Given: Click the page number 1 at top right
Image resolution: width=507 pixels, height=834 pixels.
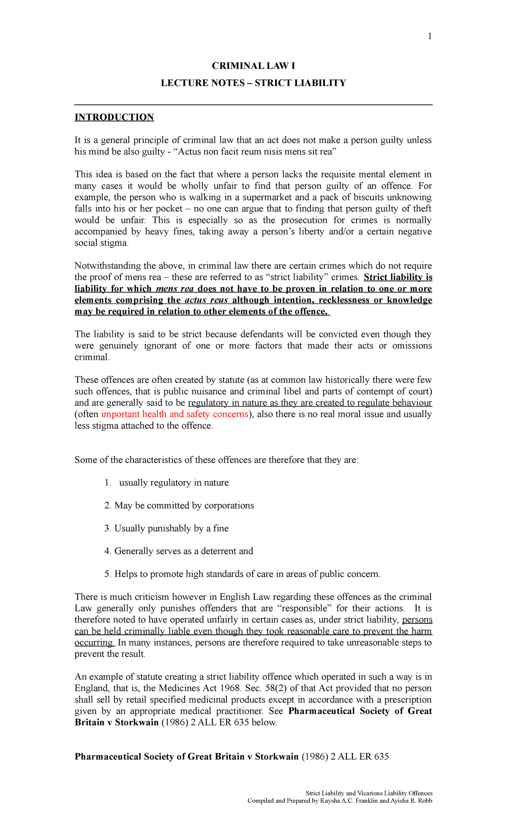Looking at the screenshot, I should click(430, 37).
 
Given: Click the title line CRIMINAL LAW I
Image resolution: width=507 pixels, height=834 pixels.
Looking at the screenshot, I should click(253, 66).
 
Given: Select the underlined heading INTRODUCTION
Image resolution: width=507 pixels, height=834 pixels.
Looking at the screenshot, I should click(114, 117).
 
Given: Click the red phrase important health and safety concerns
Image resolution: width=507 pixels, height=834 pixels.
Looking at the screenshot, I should click(174, 414).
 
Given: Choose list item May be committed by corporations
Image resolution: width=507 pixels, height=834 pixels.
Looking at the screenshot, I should click(184, 506).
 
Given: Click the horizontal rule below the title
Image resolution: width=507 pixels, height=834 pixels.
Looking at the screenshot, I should click(253, 105).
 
